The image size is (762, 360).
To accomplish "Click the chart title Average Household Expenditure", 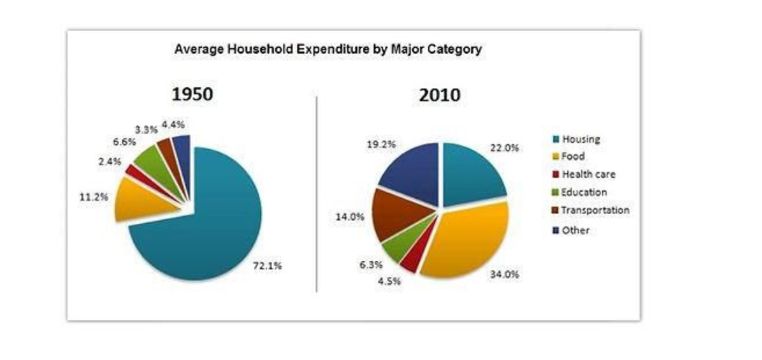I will coord(328,49).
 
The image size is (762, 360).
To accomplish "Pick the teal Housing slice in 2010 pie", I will coord(471,174).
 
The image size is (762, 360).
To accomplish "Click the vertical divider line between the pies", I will coord(317,193).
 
